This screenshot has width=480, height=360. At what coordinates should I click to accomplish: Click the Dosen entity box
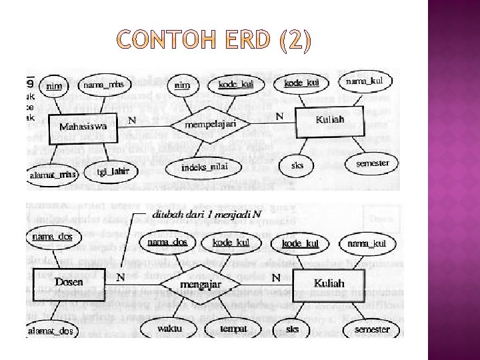pos(69,282)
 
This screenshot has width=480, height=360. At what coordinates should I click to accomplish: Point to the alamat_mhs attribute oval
pos(53,175)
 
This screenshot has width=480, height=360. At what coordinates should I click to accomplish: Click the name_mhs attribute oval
pos(103,85)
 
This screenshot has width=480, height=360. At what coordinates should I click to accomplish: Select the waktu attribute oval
pos(170,328)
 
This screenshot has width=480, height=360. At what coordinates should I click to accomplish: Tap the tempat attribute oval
pos(233,328)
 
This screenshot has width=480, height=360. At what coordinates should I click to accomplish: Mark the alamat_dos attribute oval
pos(51,331)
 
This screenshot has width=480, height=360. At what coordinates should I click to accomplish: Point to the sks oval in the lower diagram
pos(293,329)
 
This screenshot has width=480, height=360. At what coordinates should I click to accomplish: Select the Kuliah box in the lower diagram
pos(329,284)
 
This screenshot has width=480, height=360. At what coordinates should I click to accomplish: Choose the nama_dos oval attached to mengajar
pos(167,243)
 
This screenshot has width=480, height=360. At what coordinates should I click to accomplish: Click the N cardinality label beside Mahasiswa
pos(131,120)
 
